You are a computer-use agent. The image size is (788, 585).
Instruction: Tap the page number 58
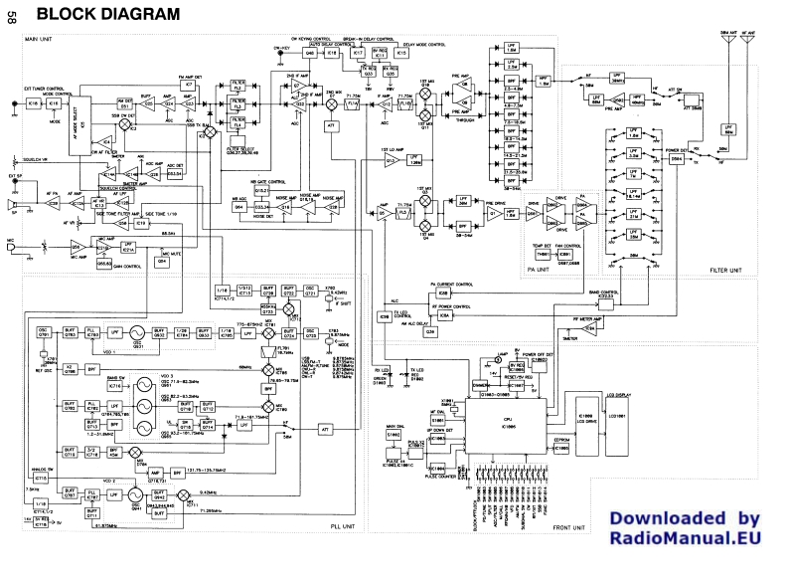(9, 15)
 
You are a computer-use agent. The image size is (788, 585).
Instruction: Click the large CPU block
(517, 421)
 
